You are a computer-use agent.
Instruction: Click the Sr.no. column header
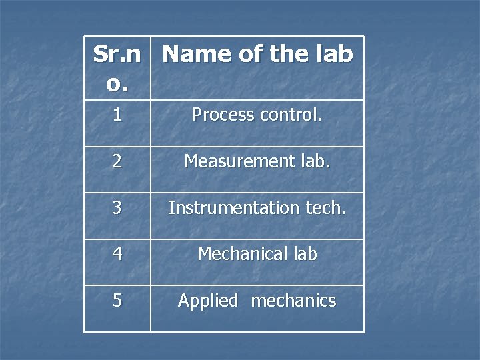(117, 69)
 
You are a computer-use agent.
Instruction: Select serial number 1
(117, 115)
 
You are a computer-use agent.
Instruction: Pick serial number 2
(117, 161)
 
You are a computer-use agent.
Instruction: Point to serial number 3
(117, 208)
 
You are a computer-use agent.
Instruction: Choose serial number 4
(117, 254)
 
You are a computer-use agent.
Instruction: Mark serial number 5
(117, 301)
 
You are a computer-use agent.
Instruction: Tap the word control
(291, 115)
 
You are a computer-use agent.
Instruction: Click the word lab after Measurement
(313, 161)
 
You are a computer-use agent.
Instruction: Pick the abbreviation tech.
(326, 208)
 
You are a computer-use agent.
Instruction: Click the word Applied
(207, 301)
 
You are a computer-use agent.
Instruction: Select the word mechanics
(293, 301)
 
